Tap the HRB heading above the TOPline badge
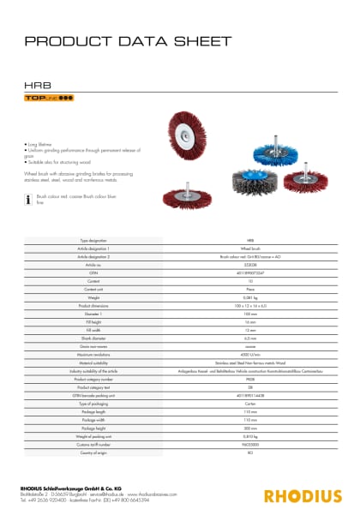(x=34, y=86)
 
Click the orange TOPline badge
(x=49, y=99)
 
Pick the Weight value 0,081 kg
(x=250, y=296)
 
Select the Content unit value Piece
(x=250, y=289)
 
